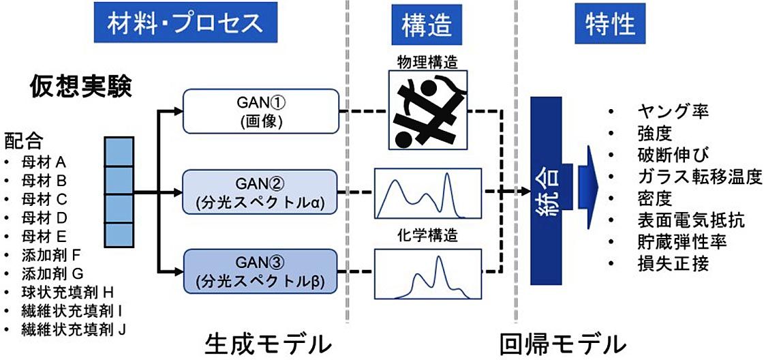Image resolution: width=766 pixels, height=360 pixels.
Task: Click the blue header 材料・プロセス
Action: [185, 23]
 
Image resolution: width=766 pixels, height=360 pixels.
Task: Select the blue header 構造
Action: [427, 25]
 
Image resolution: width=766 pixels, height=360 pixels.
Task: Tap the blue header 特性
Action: [610, 23]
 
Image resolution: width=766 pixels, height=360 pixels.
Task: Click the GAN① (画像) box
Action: [260, 111]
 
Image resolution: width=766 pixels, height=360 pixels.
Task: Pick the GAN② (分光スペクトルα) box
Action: [260, 191]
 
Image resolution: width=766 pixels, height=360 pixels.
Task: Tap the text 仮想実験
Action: [80, 87]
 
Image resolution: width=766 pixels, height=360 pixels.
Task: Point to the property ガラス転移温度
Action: [698, 177]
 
